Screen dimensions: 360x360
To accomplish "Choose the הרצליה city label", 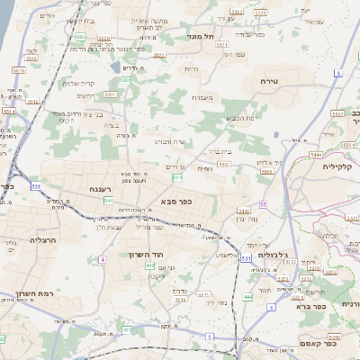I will (x=43, y=240).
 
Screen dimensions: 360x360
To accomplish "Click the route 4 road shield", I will (x=103, y=259).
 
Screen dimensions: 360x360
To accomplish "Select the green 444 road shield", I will (x=247, y=296).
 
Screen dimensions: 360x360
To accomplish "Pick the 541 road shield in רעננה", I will (x=108, y=200).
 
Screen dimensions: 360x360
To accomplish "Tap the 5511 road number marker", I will (x=111, y=94).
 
